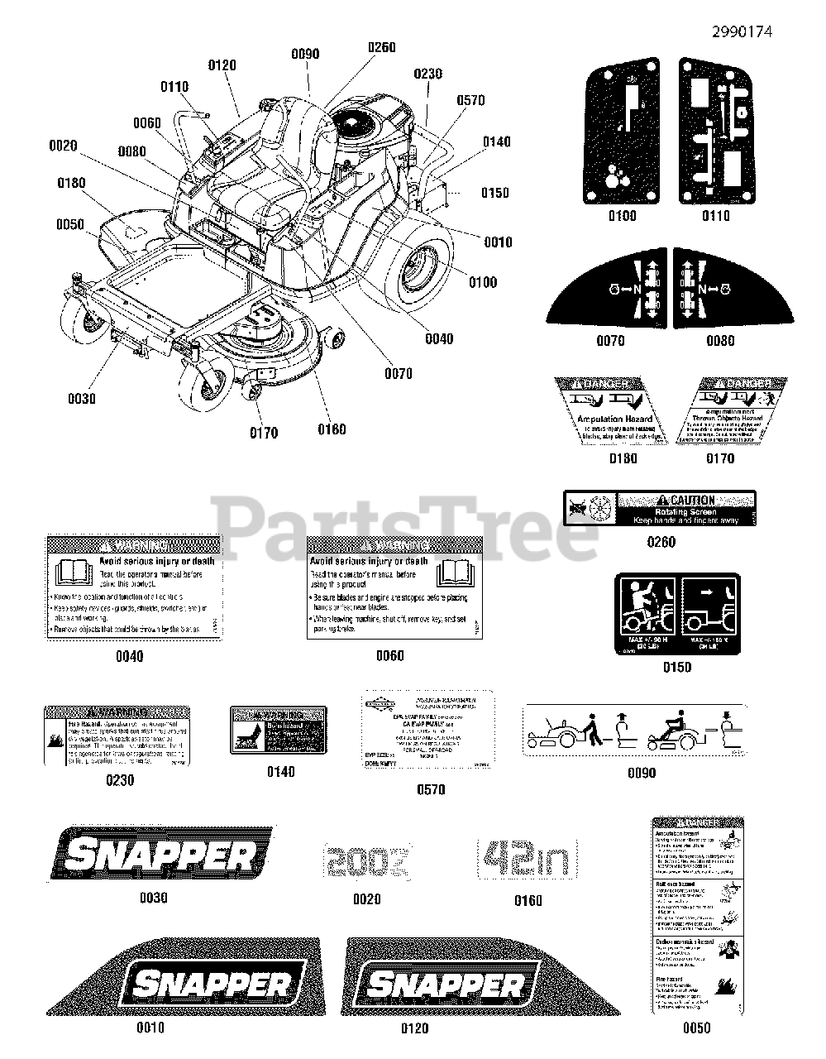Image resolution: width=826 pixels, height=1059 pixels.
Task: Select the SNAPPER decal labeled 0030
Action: point(161,853)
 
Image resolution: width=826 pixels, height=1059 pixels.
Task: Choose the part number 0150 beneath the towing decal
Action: point(676,667)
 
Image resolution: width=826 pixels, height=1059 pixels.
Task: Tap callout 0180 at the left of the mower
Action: point(71,182)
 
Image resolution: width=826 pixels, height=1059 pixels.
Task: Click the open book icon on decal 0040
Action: point(70,573)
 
